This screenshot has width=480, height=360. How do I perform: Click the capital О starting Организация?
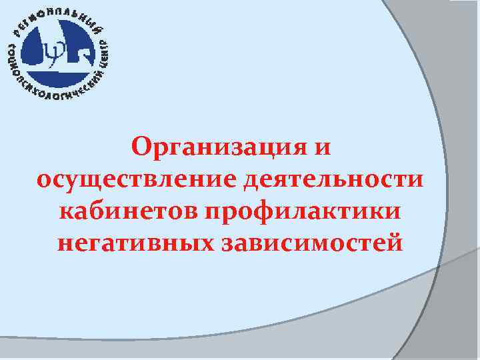pos(141,145)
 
